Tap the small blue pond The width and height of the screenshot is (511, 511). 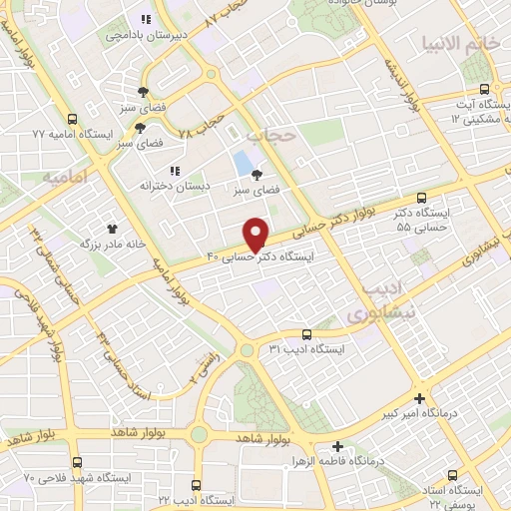coord(243,161)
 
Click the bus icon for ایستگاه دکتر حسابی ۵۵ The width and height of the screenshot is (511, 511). coord(422,198)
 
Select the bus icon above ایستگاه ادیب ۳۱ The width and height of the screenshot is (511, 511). coord(306,335)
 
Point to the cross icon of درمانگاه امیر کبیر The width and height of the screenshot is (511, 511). coord(421,397)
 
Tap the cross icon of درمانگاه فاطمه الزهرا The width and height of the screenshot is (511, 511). coord(338,446)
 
